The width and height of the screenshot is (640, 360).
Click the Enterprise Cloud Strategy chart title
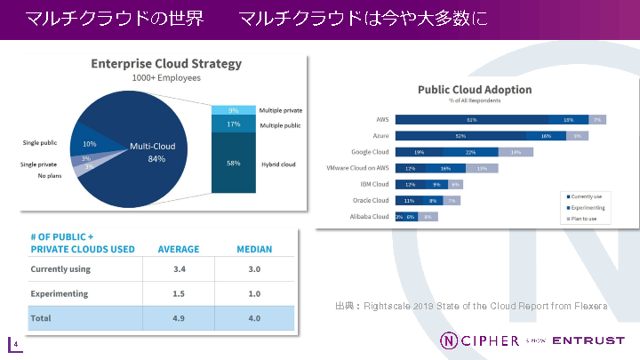tap(167, 64)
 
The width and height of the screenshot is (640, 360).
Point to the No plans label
tap(50, 176)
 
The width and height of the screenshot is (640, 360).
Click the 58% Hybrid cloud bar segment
tap(233, 164)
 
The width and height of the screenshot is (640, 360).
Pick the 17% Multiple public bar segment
tap(233, 124)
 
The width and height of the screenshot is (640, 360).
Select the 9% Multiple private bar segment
tap(233, 110)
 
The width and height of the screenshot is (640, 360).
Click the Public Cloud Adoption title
tap(475, 89)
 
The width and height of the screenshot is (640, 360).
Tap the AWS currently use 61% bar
tap(471, 119)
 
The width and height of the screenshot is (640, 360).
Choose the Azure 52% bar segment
tap(460, 135)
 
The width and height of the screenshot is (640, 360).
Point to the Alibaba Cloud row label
tap(368, 216)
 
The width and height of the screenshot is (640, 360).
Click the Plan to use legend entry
tap(587, 217)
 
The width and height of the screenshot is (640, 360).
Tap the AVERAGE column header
tap(179, 249)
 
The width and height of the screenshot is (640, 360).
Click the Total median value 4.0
tap(254, 317)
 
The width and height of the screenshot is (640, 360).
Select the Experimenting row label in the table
tap(59, 293)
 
